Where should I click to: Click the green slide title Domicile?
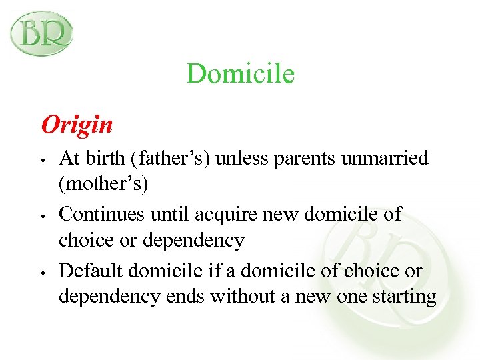click(x=240, y=73)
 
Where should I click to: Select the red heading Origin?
click(x=77, y=124)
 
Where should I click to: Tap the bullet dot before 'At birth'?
click(x=41, y=160)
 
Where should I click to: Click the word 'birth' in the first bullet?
click(x=100, y=158)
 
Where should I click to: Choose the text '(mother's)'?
click(x=103, y=183)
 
